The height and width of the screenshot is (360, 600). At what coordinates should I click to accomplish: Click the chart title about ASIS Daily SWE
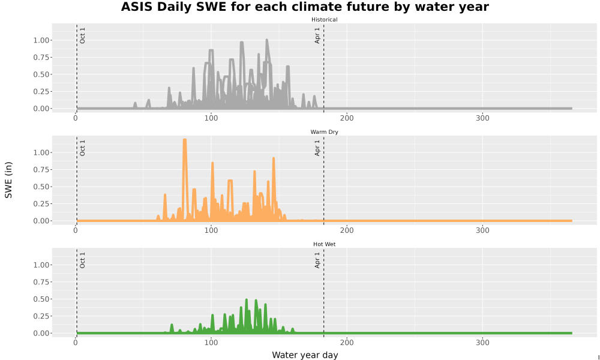coord(305,7)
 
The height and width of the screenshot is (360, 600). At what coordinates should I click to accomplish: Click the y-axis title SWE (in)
coord(8,180)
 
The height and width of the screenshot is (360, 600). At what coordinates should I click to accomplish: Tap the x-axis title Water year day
coord(305,355)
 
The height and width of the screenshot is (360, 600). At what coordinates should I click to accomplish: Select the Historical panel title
coord(324,20)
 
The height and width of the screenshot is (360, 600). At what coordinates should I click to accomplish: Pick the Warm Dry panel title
coord(324,132)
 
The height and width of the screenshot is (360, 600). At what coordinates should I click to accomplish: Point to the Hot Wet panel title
coord(324,244)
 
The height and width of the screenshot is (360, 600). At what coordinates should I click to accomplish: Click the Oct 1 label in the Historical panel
coord(82,35)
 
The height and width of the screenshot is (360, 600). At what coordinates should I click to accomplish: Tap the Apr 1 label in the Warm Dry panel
coord(317,148)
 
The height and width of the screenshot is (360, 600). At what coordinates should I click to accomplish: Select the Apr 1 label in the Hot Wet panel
coord(317,260)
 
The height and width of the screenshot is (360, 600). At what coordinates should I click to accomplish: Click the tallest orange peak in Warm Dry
coord(185,140)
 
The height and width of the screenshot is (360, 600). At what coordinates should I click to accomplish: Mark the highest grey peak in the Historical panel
coord(267,40)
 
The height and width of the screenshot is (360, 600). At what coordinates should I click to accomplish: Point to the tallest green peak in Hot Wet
coord(247,300)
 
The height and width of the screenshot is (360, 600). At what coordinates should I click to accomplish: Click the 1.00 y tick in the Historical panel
coord(41,40)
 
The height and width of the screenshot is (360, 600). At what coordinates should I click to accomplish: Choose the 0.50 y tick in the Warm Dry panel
coord(41,187)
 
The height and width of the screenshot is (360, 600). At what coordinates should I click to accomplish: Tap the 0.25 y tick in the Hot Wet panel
coord(41,316)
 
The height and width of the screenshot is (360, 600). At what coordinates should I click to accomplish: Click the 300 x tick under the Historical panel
coord(482,118)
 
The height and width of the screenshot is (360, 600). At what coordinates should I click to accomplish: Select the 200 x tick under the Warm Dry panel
coord(347,230)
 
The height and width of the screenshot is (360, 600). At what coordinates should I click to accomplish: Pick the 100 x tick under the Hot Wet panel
coord(211,343)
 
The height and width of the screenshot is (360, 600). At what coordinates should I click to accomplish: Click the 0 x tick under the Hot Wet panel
coord(76,343)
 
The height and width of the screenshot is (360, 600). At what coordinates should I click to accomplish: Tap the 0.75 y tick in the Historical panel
coord(41,58)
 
